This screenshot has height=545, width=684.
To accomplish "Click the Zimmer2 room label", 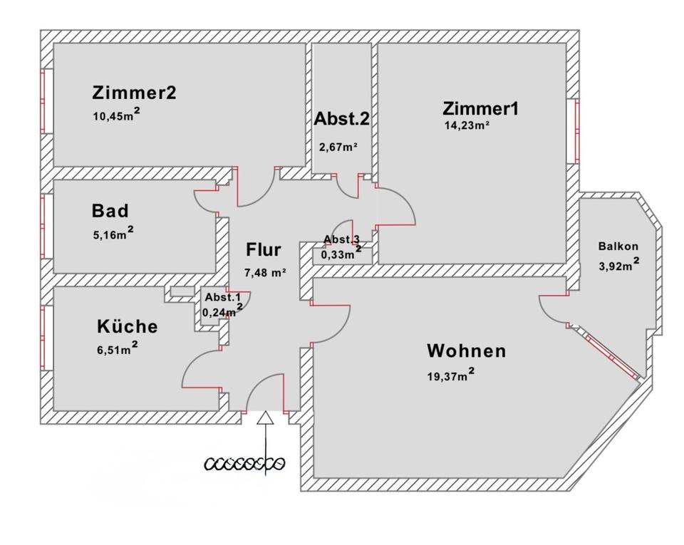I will [x=134, y=93].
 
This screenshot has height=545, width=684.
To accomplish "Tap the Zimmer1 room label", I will [x=481, y=108].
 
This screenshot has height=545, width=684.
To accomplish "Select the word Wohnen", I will [x=466, y=351].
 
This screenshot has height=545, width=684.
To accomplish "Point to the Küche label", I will [x=127, y=326].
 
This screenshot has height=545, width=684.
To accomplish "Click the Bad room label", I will [x=110, y=211].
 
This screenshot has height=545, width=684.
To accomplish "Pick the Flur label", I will [x=264, y=250].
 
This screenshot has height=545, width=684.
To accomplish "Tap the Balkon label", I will [x=618, y=246].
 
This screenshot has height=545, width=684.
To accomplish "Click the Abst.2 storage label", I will [x=341, y=119].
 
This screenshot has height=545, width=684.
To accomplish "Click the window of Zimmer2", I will [x=44, y=100].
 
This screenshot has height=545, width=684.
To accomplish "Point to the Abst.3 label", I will [x=342, y=239].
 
